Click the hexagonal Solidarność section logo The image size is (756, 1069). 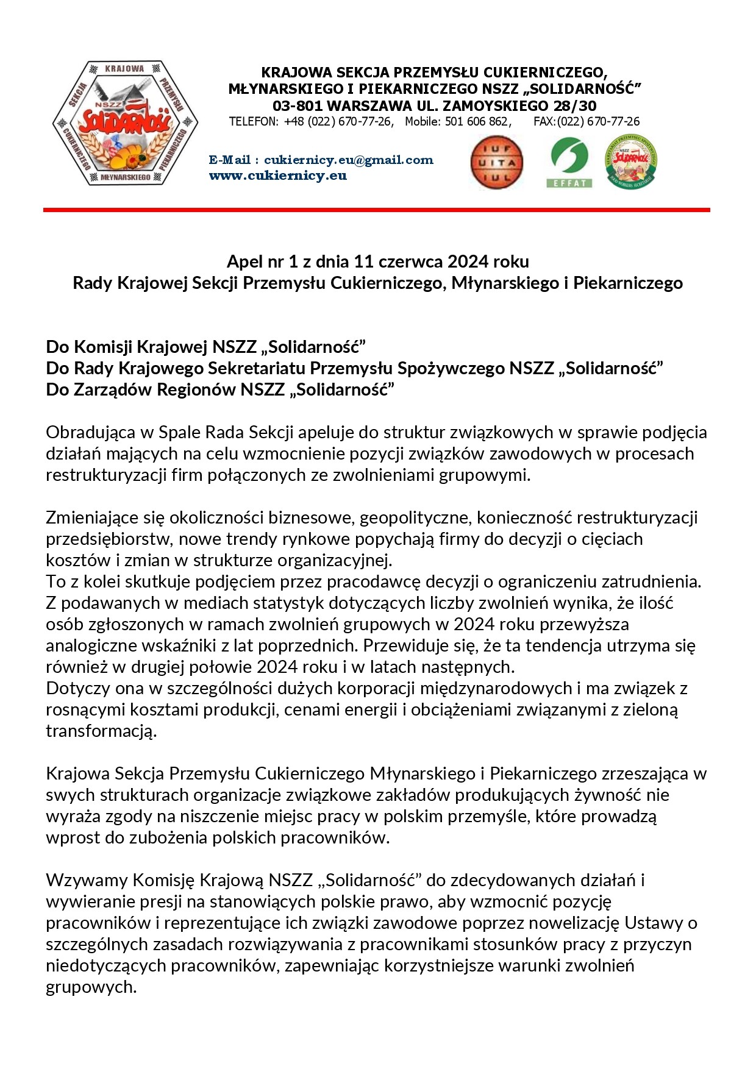(x=124, y=123)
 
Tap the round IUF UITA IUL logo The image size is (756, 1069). (x=497, y=163)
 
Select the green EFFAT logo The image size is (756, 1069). (x=569, y=163)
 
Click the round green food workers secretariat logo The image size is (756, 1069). (x=630, y=162)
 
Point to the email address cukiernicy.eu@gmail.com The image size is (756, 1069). (x=348, y=160)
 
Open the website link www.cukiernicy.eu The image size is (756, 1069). (x=277, y=176)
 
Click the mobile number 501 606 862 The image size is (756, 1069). (x=477, y=121)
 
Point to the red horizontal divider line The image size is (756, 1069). (x=376, y=210)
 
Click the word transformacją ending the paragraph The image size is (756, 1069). (x=101, y=731)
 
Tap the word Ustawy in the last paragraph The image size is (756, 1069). (x=654, y=923)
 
